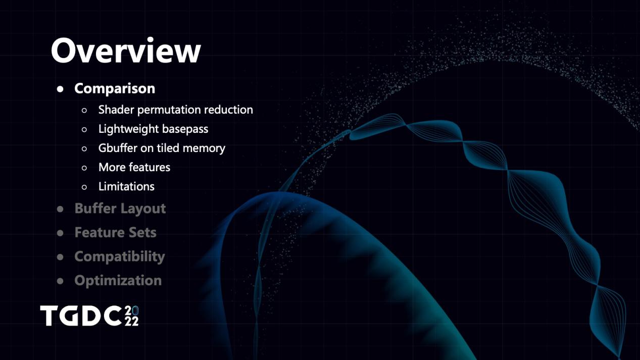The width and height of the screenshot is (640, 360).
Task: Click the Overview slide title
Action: (126, 50)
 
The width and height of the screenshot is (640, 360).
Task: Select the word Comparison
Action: (115, 88)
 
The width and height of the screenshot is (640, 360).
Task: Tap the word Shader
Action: (116, 110)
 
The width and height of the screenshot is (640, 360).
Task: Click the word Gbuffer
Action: (118, 148)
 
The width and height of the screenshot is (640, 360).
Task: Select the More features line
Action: (134, 167)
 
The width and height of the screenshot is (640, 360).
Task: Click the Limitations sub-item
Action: (126, 186)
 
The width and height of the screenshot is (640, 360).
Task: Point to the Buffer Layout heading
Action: (120, 209)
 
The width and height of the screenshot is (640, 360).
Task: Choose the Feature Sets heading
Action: (116, 232)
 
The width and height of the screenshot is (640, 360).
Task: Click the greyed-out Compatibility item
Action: (120, 257)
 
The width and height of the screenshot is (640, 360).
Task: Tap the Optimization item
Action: (118, 281)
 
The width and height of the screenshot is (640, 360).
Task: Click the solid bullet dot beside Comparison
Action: (60, 89)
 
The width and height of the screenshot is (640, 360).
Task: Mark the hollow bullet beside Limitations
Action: (84, 187)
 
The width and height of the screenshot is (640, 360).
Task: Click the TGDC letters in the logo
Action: (81, 316)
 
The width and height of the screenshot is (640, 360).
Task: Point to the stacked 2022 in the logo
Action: (132, 316)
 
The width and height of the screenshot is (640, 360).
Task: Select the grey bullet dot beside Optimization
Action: (60, 281)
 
